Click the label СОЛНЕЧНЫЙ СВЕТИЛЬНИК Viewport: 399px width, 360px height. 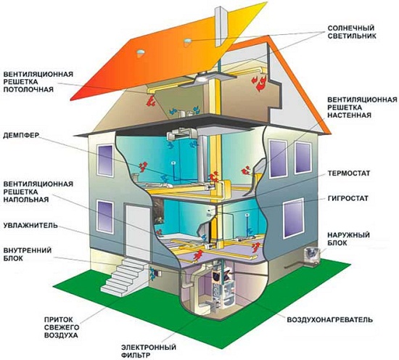351,31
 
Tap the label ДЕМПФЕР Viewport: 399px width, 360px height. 20,135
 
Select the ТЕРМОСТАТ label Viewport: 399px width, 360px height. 349,173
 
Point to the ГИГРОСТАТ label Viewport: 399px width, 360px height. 347,198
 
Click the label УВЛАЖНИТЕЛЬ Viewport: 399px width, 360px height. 30,226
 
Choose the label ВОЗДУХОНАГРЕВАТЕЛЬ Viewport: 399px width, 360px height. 330,319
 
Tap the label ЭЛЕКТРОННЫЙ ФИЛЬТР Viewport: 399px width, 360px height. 149,351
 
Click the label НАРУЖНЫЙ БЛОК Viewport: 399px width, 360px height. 348,239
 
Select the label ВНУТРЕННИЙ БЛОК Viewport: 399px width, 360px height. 28,254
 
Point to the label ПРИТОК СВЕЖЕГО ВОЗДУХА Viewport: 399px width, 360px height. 61,327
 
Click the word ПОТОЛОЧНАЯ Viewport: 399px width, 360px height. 28,89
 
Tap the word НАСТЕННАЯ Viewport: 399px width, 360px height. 349,115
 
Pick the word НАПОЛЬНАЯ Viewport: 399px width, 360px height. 26,199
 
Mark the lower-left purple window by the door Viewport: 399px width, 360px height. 105,216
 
